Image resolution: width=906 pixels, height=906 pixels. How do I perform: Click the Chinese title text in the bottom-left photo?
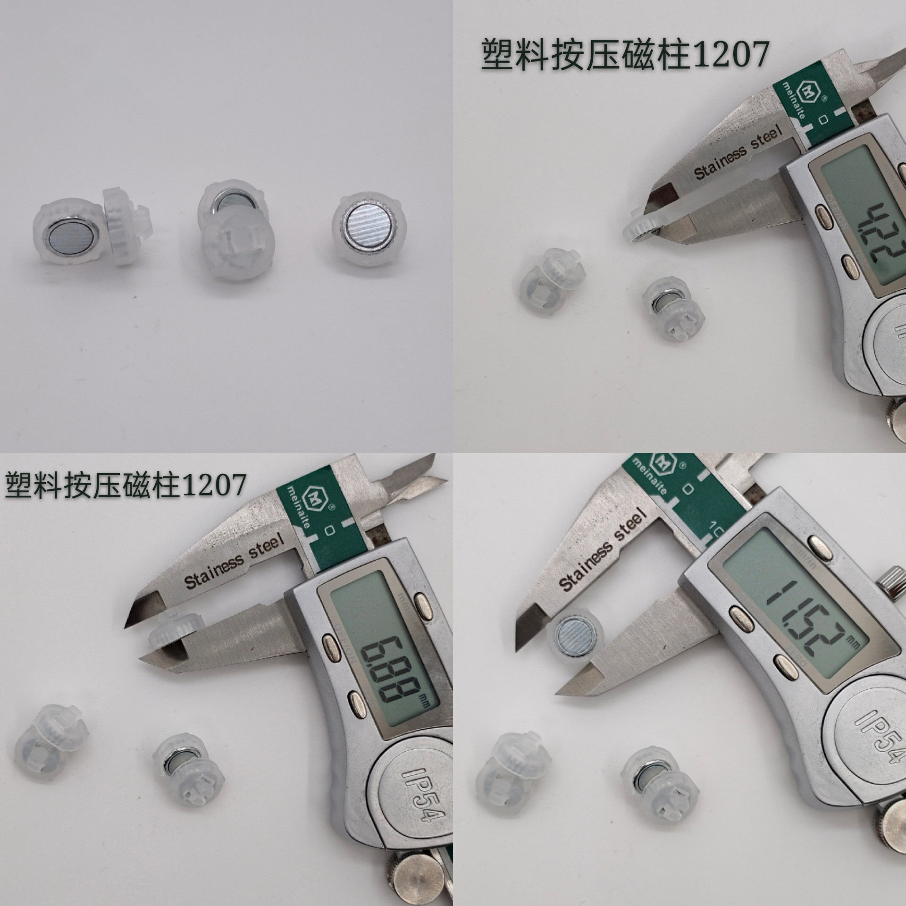click(125, 484)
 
